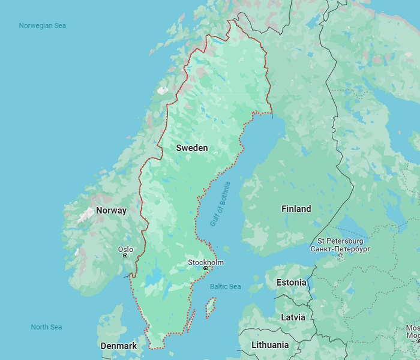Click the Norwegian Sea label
click(x=42, y=26)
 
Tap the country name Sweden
click(x=192, y=148)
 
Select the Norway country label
click(x=112, y=211)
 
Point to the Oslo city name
click(x=125, y=249)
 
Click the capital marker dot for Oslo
click(x=125, y=256)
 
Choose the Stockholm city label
click(x=206, y=262)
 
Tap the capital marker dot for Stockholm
click(x=205, y=268)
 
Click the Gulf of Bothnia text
click(x=220, y=203)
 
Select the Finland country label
click(x=296, y=209)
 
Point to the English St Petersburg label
click(x=341, y=241)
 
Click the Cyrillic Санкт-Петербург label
click(x=341, y=248)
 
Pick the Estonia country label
click(x=291, y=283)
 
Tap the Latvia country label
click(x=293, y=317)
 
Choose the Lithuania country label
click(x=269, y=345)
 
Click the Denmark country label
click(x=119, y=346)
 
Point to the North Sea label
click(x=47, y=327)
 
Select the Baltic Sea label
click(x=226, y=287)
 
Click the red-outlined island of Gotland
click(x=211, y=308)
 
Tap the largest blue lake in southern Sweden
click(x=157, y=277)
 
